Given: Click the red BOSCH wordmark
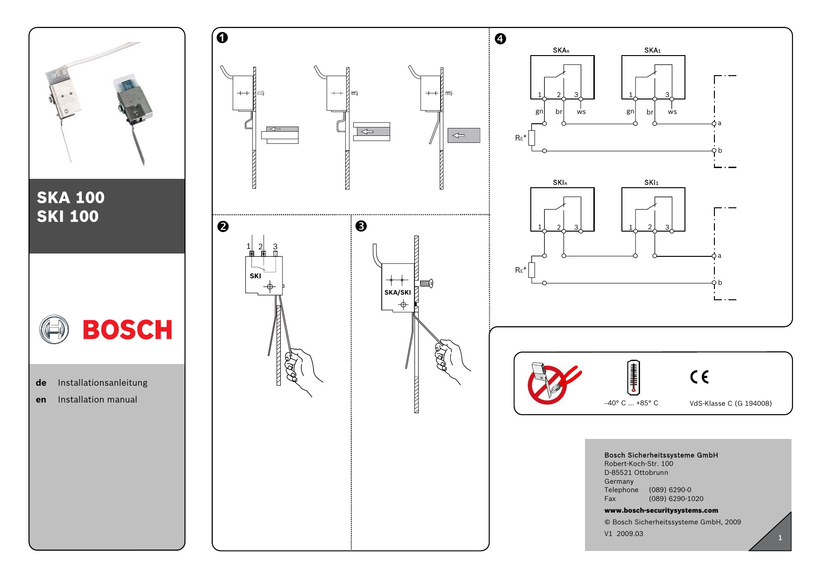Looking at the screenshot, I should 127,330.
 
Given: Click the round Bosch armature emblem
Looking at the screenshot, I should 54,330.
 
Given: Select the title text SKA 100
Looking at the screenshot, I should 71,198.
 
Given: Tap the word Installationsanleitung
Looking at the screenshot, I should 102,383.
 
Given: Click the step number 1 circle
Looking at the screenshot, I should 222,38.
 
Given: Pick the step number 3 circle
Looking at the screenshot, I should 361,226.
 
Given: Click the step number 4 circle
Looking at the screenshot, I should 500,39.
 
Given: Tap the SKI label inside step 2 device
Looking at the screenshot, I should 255,276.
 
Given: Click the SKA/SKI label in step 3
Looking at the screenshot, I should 398,293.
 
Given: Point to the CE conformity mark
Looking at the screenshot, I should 699,377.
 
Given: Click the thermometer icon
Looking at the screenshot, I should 633,377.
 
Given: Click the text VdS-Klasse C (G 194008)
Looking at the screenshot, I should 730,403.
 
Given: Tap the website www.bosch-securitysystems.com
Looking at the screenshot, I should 661,510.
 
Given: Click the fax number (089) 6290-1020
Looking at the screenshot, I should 676,499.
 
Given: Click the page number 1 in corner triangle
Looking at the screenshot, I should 780,538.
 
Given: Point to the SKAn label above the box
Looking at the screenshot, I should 561,50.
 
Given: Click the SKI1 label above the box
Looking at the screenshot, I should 651,183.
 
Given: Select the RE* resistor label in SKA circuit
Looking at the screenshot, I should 521,138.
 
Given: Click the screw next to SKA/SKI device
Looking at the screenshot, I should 427,283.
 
